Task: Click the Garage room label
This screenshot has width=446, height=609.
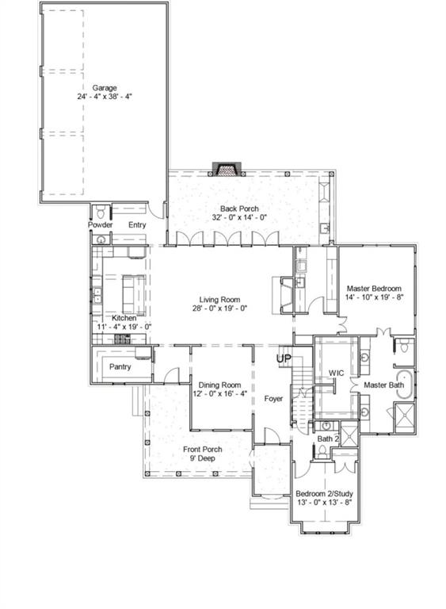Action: pyautogui.click(x=104, y=87)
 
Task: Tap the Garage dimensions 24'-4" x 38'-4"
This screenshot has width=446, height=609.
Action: pyautogui.click(x=104, y=97)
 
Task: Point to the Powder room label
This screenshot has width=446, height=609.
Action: pyautogui.click(x=100, y=225)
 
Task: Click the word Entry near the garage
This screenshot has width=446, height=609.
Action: pyautogui.click(x=138, y=225)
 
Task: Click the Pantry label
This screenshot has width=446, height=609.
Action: pyautogui.click(x=120, y=366)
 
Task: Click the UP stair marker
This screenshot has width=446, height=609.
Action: pyautogui.click(x=284, y=359)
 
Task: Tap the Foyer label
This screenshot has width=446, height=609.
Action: pyautogui.click(x=274, y=399)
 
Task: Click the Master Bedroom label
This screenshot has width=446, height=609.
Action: pyautogui.click(x=374, y=289)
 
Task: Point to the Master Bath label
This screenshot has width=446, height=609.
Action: pyautogui.click(x=383, y=385)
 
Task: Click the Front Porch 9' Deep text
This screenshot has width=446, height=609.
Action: pyautogui.click(x=203, y=454)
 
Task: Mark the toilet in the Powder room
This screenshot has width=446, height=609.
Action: pyautogui.click(x=100, y=212)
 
